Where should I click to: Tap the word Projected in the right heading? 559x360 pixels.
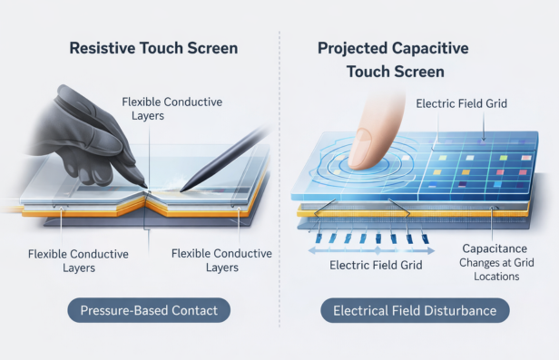(354, 47)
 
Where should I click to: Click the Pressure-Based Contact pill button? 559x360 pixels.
(149, 311)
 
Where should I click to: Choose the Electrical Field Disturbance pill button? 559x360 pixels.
(415, 311)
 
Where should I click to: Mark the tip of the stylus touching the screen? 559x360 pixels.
(182, 190)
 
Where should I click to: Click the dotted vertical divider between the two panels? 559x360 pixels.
(279, 181)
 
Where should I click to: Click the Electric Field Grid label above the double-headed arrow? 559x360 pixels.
(371, 266)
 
